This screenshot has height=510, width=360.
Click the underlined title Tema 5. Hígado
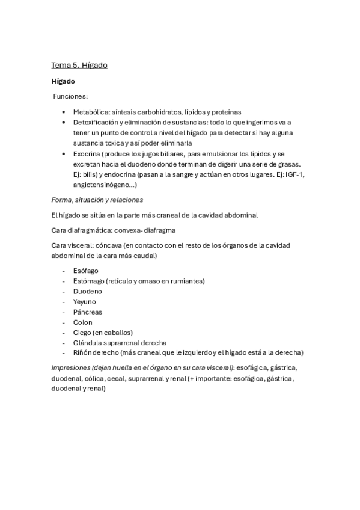(x=79, y=65)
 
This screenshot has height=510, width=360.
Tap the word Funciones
(x=70, y=96)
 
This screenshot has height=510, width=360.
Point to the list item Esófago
(x=86, y=271)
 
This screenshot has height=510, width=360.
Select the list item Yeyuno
(x=85, y=301)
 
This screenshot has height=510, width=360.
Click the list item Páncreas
(x=88, y=312)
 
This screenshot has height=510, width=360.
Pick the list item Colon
(x=83, y=322)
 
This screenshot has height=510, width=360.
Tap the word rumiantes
(x=183, y=281)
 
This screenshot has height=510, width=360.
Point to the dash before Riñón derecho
(x=63, y=352)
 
